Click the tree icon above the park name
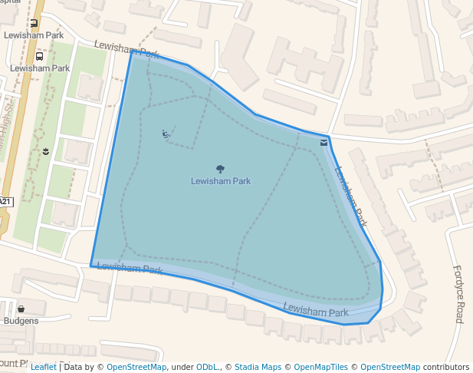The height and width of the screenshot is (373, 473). click(221, 169)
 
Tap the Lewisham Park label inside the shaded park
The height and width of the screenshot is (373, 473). click(221, 181)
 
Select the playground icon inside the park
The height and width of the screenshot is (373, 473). click(166, 134)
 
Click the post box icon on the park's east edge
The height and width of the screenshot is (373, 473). click(324, 142)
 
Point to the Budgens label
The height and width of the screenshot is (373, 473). click(21, 321)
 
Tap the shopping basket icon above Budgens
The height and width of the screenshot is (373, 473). click(21, 309)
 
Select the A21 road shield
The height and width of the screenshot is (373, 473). click(5, 201)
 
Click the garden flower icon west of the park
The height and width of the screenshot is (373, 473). click(46, 151)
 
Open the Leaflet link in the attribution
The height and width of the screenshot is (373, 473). click(44, 367)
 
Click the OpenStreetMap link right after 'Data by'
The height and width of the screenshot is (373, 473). click(136, 367)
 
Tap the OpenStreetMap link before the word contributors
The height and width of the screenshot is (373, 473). click(390, 367)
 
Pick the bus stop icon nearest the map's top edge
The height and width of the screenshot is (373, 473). click(34, 25)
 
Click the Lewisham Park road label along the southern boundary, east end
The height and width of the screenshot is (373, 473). click(316, 311)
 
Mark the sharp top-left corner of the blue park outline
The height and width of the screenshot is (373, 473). click(132, 51)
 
